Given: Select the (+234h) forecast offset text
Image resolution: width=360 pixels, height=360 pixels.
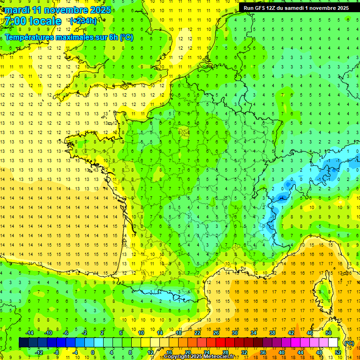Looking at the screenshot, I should click(x=83, y=21).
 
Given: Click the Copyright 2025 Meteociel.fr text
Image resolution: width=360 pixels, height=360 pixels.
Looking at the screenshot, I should click(x=205, y=357).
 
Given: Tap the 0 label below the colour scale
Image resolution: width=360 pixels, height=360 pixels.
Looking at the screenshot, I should click(x=93, y=352).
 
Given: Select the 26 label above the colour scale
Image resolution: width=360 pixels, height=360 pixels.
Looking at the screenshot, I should click(x=216, y=332).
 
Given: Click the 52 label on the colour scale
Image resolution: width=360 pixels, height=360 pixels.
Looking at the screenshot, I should click(x=337, y=352).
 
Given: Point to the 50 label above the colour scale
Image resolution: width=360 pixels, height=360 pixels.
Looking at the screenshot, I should click(x=328, y=332).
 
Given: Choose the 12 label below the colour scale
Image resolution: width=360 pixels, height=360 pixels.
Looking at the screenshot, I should click(x=150, y=352).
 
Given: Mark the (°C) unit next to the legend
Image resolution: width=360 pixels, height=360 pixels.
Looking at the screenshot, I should click(x=349, y=343).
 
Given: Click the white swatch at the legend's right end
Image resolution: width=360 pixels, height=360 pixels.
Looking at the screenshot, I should click(x=333, y=343).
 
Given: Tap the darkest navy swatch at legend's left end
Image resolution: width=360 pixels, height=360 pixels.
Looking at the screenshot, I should click(x=23, y=343).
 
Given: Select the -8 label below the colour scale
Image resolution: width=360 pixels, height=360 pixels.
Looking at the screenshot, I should click(x=57, y=352).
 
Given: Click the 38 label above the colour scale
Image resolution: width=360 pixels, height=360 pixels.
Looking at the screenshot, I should click(x=272, y=332).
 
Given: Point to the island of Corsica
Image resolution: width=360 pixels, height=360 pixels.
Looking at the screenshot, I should click(x=320, y=291).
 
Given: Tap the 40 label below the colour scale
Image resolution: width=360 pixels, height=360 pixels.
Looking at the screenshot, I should click(x=281, y=352).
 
